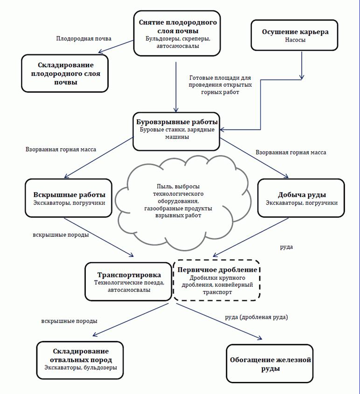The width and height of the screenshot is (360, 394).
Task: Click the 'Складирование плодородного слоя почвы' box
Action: (x=64, y=73)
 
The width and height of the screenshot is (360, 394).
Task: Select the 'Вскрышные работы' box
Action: (x=69, y=198)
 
